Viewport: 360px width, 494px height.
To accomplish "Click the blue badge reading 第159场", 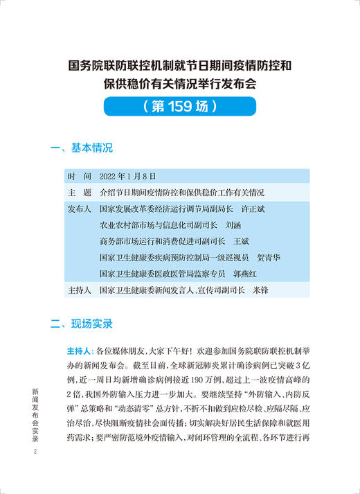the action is (x=180, y=106).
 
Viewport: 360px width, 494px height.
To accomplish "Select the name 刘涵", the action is (x=235, y=224).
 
